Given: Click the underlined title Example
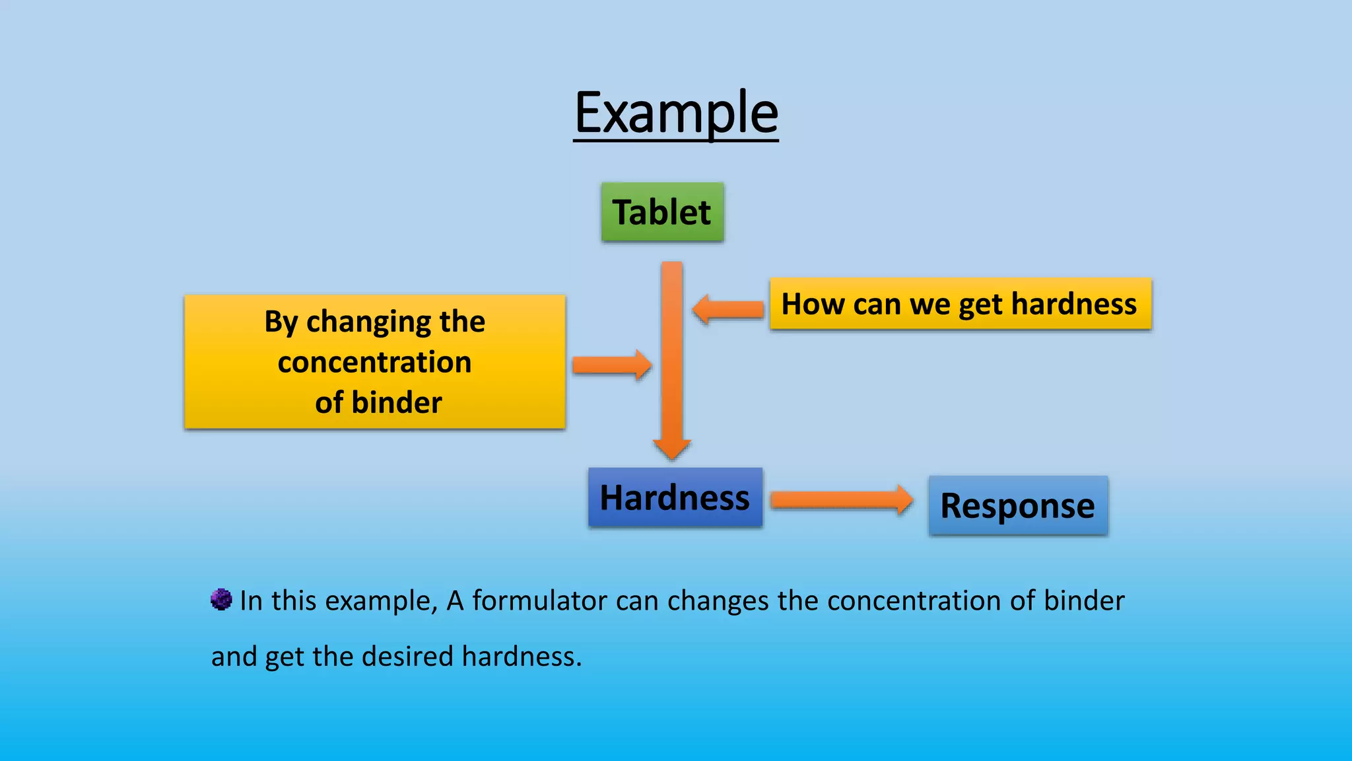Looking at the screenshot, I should pyautogui.click(x=676, y=114).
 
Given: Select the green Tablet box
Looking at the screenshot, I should pyautogui.click(x=662, y=212).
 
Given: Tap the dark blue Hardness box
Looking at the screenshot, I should pyautogui.click(x=675, y=497).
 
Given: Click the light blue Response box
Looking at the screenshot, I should pyautogui.click(x=1017, y=506).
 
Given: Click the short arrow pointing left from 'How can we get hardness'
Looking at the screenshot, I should pyautogui.click(x=727, y=308).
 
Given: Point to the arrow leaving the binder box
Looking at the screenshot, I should pyautogui.click(x=611, y=365).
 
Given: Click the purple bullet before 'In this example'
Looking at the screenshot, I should pyautogui.click(x=221, y=600).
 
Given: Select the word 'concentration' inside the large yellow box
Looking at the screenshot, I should pyautogui.click(x=374, y=363).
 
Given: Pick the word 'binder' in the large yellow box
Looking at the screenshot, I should pyautogui.click(x=396, y=403).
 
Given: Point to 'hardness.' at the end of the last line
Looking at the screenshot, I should pyautogui.click(x=522, y=657).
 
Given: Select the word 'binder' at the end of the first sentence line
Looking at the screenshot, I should pyautogui.click(x=1084, y=600).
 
